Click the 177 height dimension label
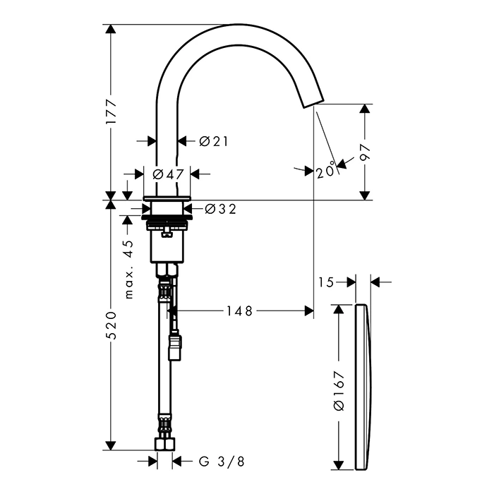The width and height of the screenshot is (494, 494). pos(111,112)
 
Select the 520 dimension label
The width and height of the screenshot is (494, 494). pos(111,325)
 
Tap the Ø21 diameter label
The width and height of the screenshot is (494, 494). pos(214,141)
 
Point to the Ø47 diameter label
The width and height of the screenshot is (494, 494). pos(168,174)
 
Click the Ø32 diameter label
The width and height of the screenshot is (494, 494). pos(220,209)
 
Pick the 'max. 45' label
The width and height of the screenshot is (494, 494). pos(128,270)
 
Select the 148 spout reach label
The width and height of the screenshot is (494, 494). pos(239,311)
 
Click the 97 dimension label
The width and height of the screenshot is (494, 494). pos(365,152)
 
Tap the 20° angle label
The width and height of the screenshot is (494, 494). pos(326,171)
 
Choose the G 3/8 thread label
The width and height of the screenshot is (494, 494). pos(222,462)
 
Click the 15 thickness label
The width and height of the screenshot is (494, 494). pos(325,282)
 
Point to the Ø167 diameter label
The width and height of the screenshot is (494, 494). pos(339,391)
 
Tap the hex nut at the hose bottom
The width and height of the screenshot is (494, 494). pos(165,444)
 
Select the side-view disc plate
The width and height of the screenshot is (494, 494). pos(363,387)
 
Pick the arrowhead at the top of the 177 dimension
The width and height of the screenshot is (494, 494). pos(110,29)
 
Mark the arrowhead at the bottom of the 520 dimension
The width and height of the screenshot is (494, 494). pos(110,446)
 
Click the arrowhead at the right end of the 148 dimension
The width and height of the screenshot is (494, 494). pos(309,311)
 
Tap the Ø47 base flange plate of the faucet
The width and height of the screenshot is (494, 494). pos(167,198)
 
